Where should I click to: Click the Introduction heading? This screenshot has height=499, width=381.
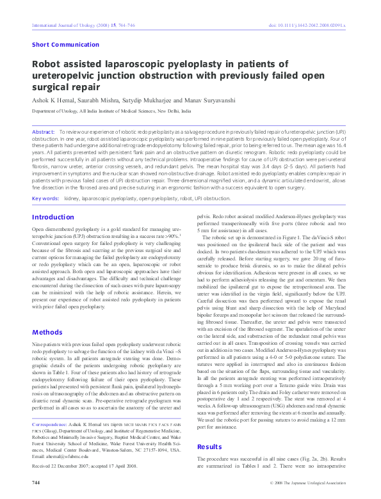point(53,217)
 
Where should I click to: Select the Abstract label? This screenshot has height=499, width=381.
point(43,131)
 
